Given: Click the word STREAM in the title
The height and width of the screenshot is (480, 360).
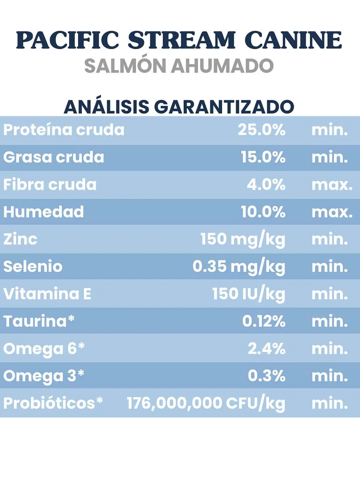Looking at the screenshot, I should pos(182,40).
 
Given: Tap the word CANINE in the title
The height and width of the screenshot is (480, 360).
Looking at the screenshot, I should pos(293,40).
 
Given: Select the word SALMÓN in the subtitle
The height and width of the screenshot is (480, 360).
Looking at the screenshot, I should pos(125,66).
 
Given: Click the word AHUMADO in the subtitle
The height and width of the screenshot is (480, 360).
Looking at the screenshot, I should pos(222,66).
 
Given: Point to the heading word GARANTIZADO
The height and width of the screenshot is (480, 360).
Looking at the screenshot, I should pos(224,107).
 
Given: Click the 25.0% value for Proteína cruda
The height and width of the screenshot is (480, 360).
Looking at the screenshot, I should pos(262,130).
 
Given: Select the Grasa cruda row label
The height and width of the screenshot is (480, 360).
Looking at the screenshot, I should pos(54,157).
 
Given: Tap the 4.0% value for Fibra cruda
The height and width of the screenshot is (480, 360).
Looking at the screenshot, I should pos(266,184).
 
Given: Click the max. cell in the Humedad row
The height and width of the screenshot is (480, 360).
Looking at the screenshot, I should pos(332,212).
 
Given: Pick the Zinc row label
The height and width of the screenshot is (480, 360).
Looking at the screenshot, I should pos(20,239).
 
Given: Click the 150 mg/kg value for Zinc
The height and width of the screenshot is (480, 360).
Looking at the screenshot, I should pos(243,239).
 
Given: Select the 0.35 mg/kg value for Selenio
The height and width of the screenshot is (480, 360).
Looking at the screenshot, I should pos(239,267).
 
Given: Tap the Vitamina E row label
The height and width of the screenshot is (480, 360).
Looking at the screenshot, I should pos(47,294).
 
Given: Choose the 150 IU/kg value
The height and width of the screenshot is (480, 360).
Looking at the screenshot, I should pos(249,294).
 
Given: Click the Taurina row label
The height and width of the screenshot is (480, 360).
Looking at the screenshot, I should pos(39,321).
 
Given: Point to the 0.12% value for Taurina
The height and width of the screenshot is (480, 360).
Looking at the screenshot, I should pos(264,321).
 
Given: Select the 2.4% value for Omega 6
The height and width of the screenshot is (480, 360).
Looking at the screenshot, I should pos(266,349).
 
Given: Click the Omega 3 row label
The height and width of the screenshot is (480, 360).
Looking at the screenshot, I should pos(44,376).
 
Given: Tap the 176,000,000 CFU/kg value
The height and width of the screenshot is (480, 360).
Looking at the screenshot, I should pos(206,403).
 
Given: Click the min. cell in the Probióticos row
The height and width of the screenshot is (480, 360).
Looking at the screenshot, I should pos(330,403).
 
